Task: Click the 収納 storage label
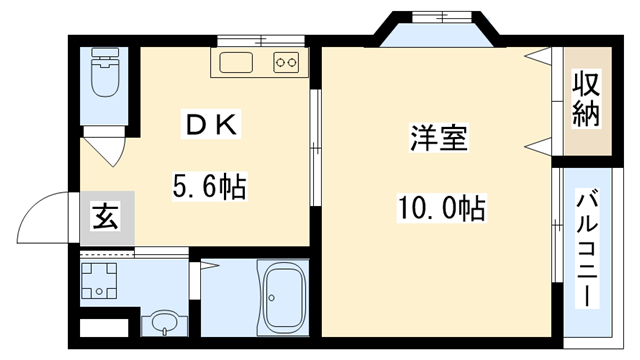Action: pos(587,100)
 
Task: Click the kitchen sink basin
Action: pos(236,64)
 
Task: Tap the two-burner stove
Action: pos(286,64)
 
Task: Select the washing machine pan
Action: pos(100,283)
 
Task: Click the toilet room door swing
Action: pos(104,150)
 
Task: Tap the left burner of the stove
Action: pos(280,64)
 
